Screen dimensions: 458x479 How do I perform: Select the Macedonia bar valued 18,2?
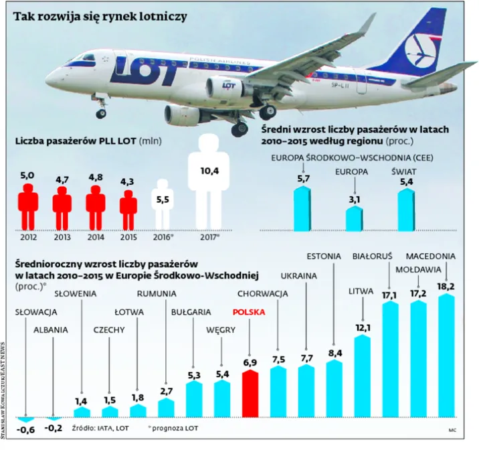click(x=446, y=355)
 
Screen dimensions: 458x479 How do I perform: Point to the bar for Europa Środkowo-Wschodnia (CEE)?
click(x=303, y=208)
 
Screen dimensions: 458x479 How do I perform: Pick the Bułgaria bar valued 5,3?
click(x=195, y=398)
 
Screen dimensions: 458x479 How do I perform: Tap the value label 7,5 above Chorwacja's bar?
click(x=278, y=359)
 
